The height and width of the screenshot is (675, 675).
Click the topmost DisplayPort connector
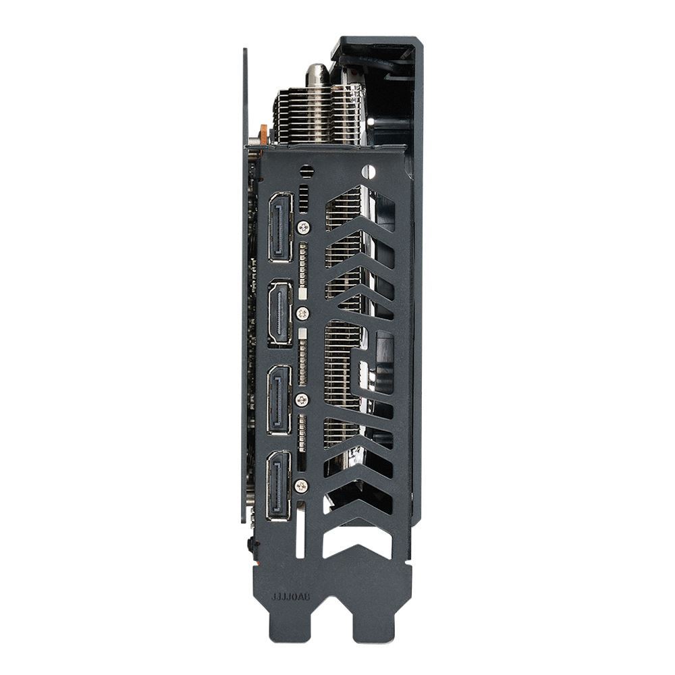pyautogui.click(x=280, y=227)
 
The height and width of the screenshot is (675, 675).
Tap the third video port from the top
pyautogui.click(x=279, y=400)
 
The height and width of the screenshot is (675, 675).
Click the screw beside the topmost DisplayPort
pyautogui.click(x=304, y=227)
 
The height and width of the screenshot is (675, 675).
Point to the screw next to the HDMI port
pyautogui.click(x=303, y=313)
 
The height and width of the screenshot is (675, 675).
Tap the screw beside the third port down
pyautogui.click(x=302, y=400)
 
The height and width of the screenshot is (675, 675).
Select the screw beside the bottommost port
pyautogui.click(x=302, y=485)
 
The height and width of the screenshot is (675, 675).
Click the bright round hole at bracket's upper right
pyautogui.click(x=367, y=171)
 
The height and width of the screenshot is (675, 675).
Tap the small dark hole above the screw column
pyautogui.click(x=306, y=171)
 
